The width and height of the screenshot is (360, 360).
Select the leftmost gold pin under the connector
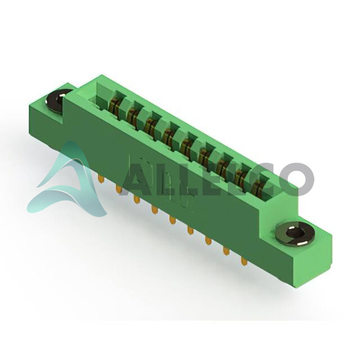pyautogui.click(x=100, y=179)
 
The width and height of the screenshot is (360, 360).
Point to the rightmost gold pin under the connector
pyautogui.click(x=243, y=261)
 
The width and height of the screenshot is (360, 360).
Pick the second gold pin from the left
pyautogui.click(x=118, y=189)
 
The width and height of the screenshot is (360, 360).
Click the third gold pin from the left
pyautogui.click(x=136, y=200)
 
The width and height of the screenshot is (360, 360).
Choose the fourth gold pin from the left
pyautogui.click(x=154, y=210)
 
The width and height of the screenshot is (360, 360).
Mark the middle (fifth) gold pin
pyautogui.click(x=172, y=220)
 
